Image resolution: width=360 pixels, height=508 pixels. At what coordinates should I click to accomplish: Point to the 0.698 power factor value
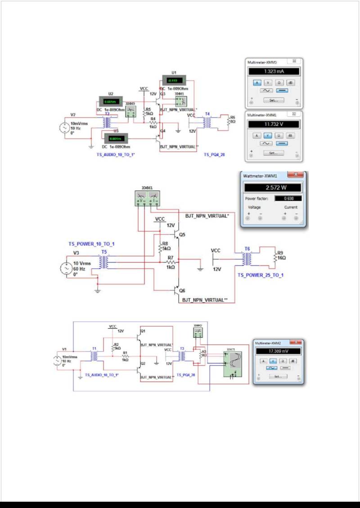pyautogui.click(x=292, y=198)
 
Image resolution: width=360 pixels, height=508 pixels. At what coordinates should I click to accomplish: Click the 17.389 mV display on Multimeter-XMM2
pyautogui.click(x=279, y=350)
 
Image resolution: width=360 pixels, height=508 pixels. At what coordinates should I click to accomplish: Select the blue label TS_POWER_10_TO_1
pyautogui.click(x=91, y=244)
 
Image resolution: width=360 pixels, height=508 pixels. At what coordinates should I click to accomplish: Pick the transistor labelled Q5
pyautogui.click(x=177, y=234)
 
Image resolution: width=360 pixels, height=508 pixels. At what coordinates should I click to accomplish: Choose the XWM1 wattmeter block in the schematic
pyautogui.click(x=148, y=199)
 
